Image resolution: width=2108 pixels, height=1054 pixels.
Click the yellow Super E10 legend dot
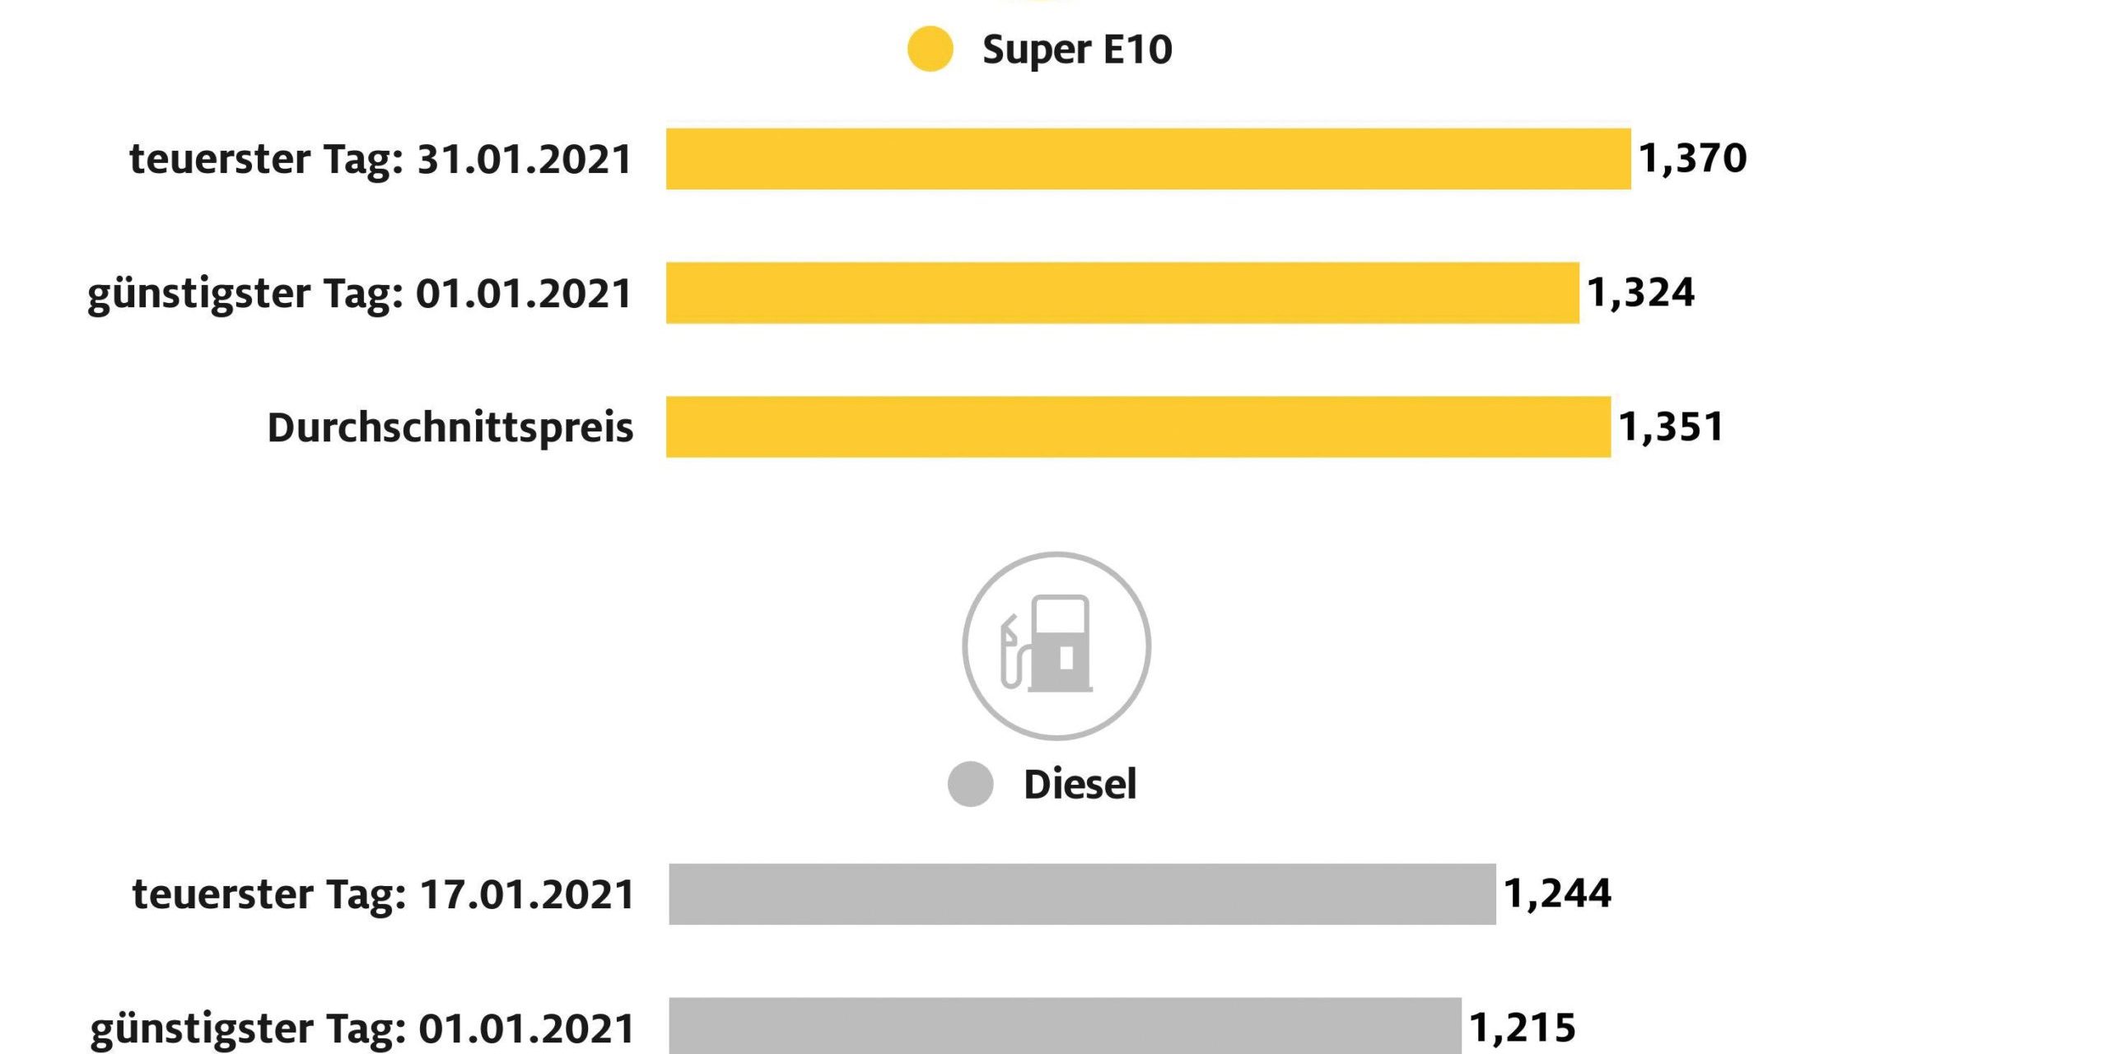[930, 49]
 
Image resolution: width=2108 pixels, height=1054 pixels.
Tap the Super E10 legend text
[1076, 49]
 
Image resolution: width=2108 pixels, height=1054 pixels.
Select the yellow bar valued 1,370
[1148, 159]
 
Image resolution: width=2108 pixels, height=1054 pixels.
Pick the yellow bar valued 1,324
[1122, 293]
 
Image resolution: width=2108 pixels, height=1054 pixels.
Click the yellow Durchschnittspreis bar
[1138, 427]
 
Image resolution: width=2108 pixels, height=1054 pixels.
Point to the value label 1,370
[1692, 158]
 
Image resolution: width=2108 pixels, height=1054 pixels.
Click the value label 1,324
[1640, 293]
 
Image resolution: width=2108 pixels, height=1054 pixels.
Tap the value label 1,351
[1671, 427]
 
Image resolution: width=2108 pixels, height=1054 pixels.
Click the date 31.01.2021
[525, 159]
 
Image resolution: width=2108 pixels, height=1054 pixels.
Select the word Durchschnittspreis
[450, 427]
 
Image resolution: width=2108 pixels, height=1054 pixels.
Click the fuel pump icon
[1056, 646]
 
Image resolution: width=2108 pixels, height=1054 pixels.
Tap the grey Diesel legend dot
[970, 784]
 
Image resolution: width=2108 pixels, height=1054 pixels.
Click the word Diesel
[1080, 784]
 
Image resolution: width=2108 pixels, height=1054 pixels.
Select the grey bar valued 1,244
[1082, 894]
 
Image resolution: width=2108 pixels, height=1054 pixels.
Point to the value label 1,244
[1557, 893]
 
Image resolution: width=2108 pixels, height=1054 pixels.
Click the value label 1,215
[1522, 1028]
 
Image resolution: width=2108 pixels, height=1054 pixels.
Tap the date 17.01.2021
[528, 894]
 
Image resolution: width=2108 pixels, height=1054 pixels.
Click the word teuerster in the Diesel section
[222, 894]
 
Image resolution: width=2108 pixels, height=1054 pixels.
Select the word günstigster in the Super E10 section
[199, 294]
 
